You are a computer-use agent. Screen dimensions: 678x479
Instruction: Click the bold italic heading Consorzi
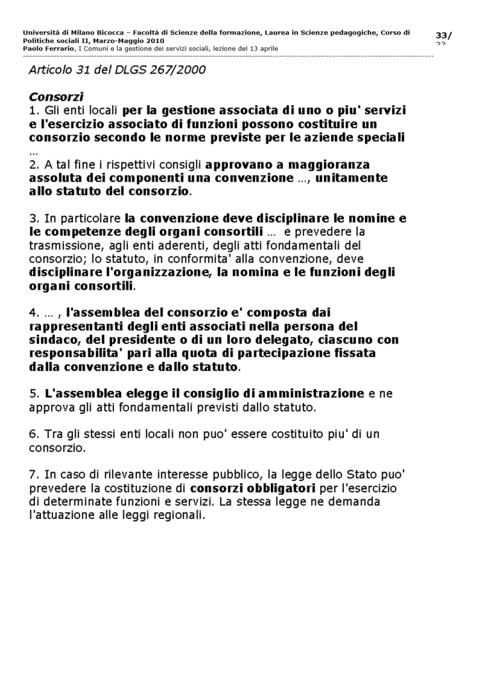[56, 97]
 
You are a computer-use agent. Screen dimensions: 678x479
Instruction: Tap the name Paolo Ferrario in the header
[48, 48]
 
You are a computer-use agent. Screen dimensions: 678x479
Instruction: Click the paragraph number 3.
[33, 218]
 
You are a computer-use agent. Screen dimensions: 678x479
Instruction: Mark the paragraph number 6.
[33, 434]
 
